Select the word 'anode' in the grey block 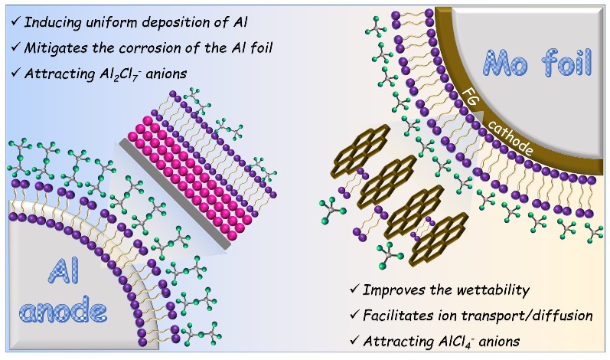(x=64, y=313)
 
